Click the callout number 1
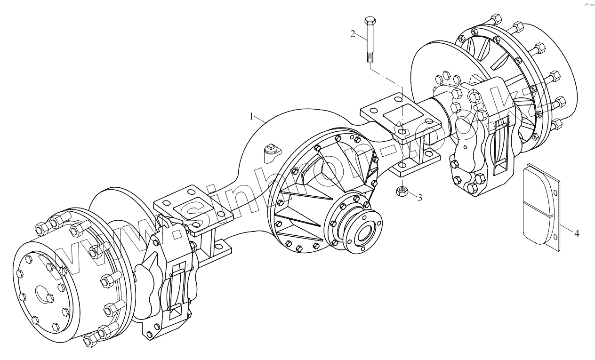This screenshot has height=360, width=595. tap(252, 115)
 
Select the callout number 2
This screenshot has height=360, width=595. tap(353, 34)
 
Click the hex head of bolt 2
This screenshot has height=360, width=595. tap(369, 22)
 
